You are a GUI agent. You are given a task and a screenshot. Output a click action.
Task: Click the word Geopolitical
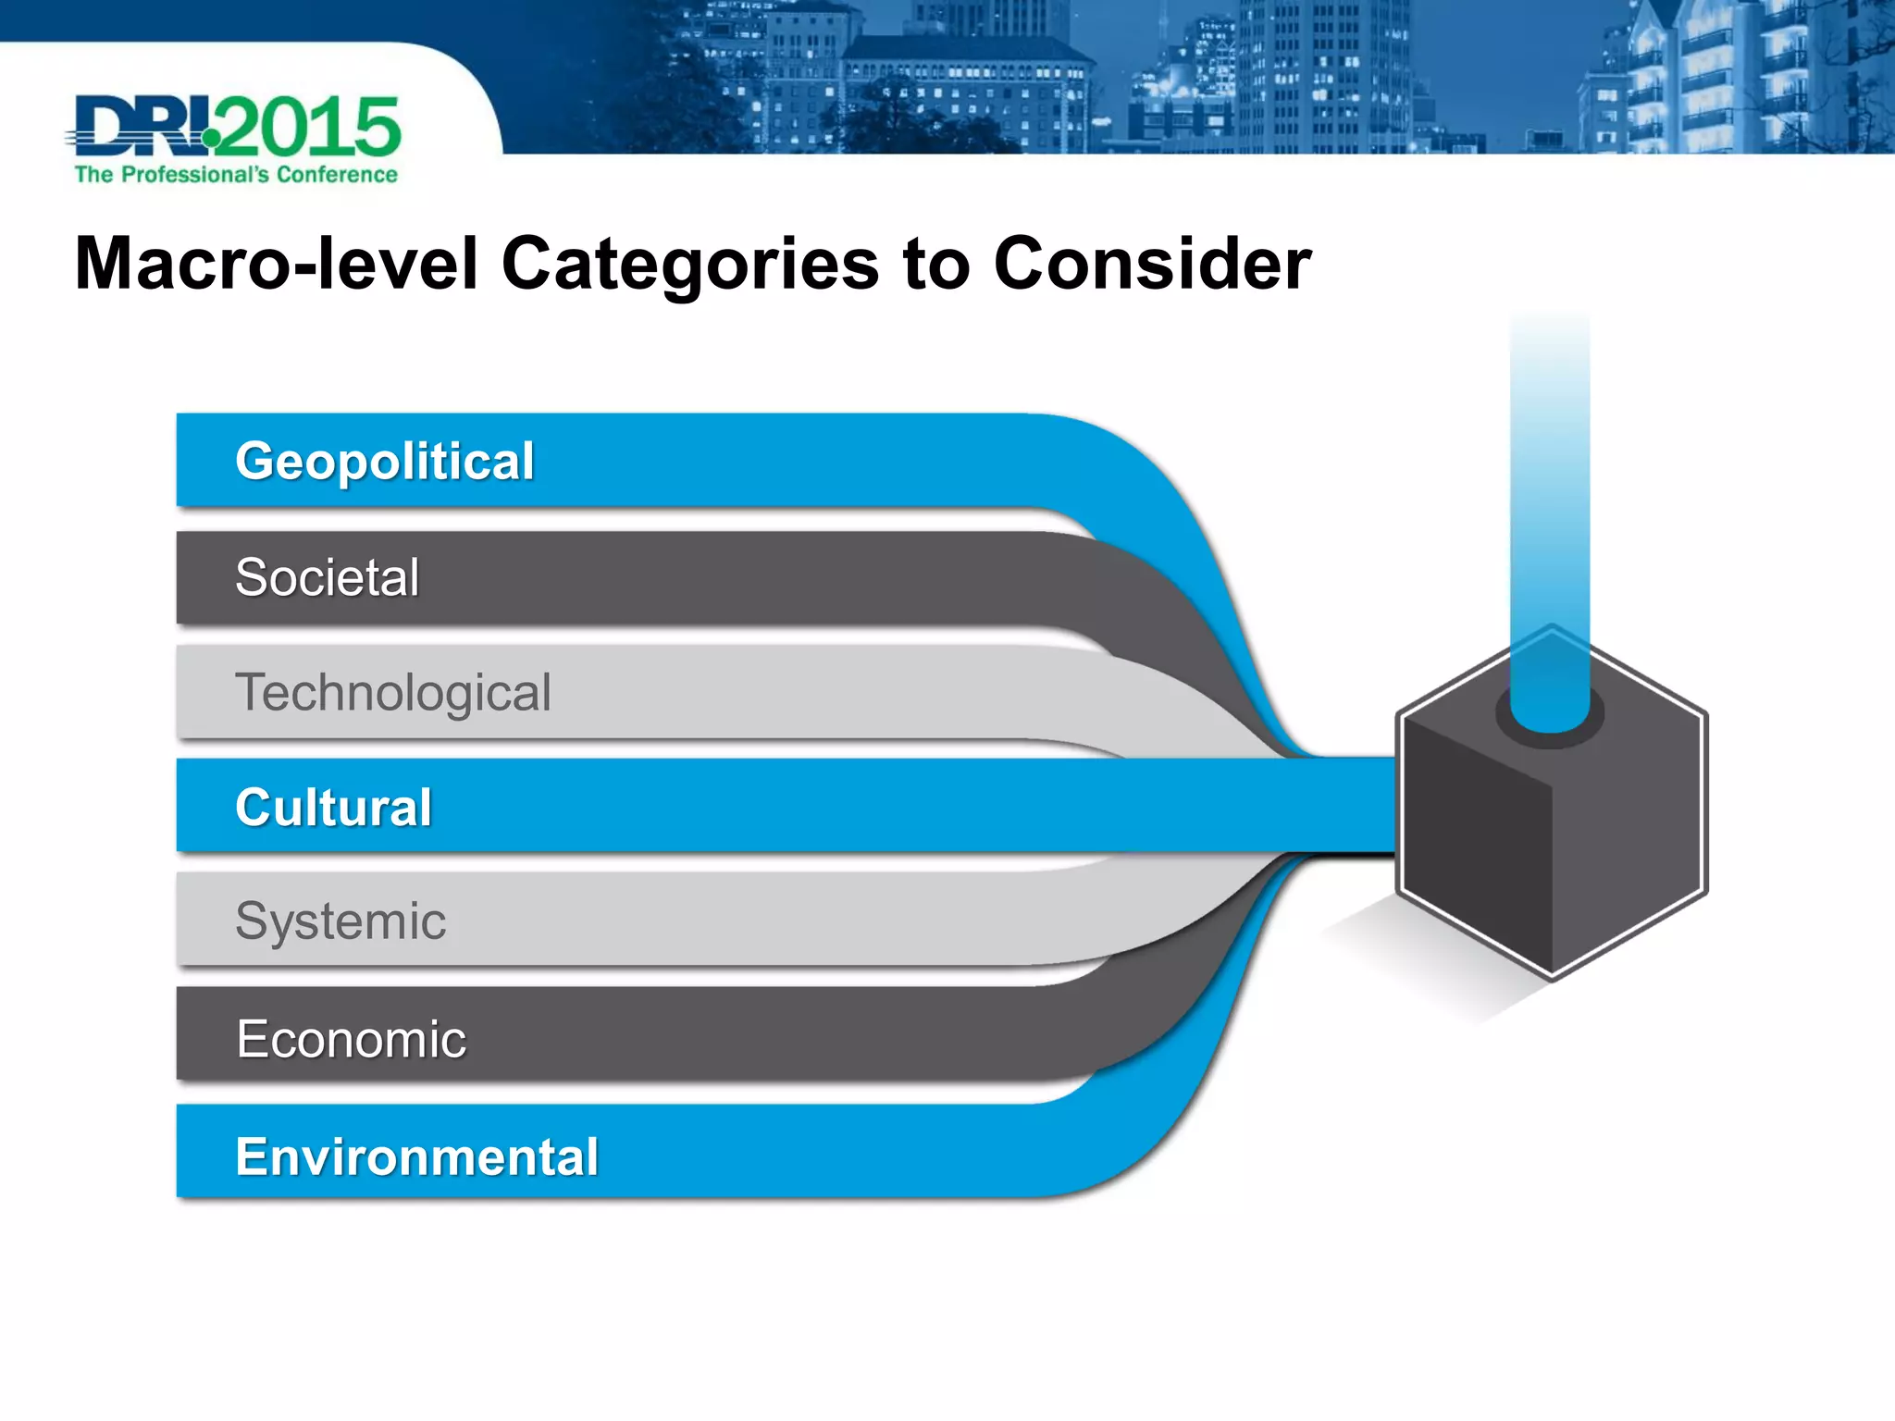pos(384,461)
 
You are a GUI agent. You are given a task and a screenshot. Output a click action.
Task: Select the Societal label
pos(328,577)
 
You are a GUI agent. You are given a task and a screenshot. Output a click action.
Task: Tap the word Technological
pos(393,692)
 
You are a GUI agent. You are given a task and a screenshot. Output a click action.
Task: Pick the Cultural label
pos(333,807)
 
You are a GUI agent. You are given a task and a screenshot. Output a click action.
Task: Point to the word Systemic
pos(341,921)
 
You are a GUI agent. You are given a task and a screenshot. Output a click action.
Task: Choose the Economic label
pos(351,1039)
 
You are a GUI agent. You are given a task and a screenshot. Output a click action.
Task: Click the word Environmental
pos(416,1156)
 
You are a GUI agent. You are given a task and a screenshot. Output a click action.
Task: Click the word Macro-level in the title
pos(276,264)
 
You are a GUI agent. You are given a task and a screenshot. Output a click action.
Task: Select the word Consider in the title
pos(1152,264)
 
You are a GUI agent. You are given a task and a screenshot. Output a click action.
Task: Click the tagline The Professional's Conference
pos(236,175)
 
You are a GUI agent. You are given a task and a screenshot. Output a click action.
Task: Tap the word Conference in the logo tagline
pos(337,175)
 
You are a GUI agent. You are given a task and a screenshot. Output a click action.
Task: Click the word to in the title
pos(935,264)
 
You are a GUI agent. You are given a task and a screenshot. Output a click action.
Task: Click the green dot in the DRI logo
pos(212,138)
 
